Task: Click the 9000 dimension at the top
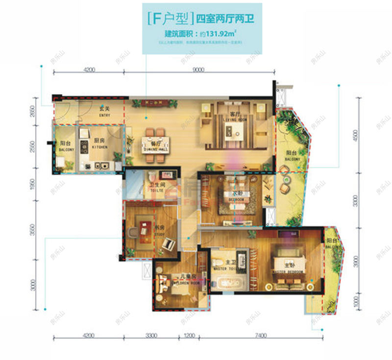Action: pos(198,70)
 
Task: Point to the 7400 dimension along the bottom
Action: pos(260,336)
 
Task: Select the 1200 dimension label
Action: pos(189,336)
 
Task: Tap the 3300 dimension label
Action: pos(151,336)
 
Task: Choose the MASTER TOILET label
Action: pos(225,268)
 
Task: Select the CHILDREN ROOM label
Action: pos(188,283)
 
